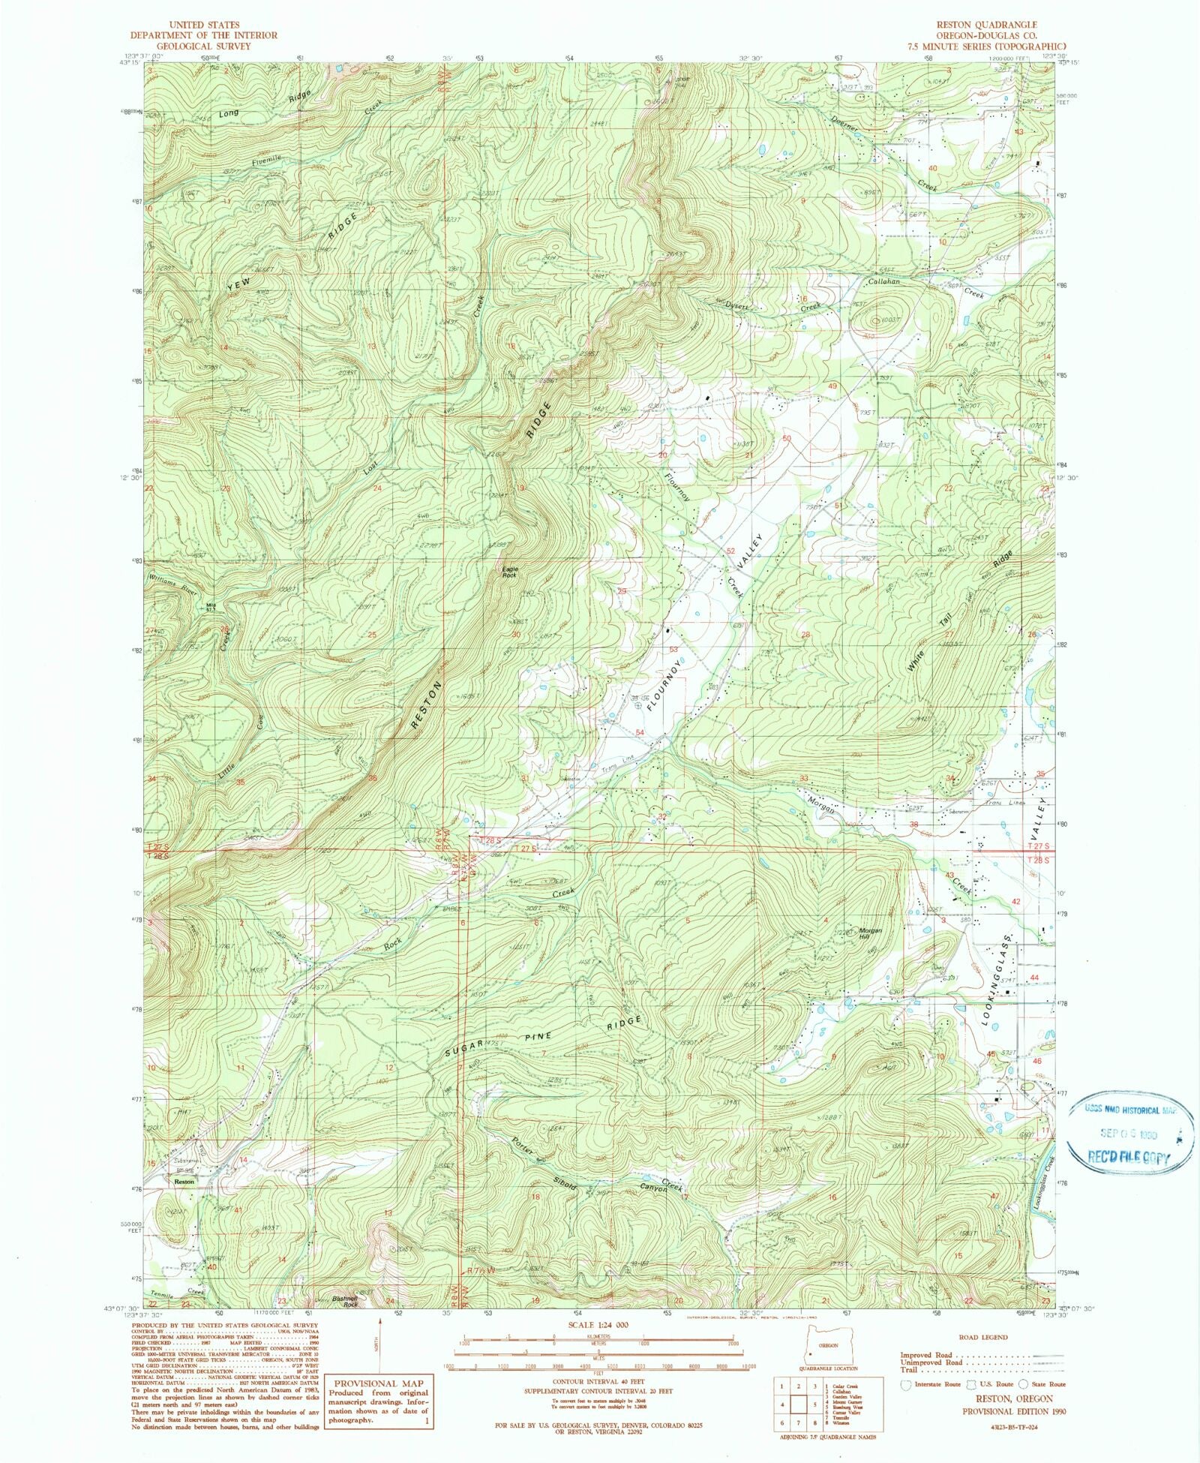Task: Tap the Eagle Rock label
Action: [509, 572]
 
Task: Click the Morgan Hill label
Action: [870, 933]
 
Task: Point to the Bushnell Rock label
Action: [345, 1303]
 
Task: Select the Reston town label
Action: [184, 1182]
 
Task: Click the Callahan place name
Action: [883, 281]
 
